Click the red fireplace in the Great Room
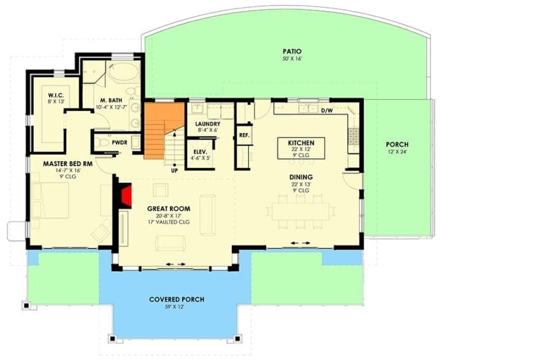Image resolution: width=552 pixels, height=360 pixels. click(126, 196)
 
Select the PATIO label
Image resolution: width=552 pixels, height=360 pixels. click(292, 52)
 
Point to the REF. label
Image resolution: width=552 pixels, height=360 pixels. click(244, 135)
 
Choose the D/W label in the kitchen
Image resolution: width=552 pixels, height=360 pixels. click(327, 111)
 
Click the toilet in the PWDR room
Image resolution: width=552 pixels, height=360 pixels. click(102, 143)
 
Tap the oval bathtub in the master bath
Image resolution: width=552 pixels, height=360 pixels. click(123, 72)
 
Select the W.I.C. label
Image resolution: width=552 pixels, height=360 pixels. click(56, 96)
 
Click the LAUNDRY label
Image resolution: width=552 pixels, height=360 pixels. click(207, 124)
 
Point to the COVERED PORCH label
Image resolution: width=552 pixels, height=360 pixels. click(177, 299)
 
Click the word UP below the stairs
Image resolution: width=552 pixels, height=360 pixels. click(174, 170)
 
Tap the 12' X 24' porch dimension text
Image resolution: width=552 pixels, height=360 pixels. click(397, 152)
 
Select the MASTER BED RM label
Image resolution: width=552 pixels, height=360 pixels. click(67, 164)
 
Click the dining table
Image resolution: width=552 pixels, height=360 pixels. click(301, 211)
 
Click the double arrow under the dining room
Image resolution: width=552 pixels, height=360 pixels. click(301, 243)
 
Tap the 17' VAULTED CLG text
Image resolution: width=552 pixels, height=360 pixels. click(169, 222)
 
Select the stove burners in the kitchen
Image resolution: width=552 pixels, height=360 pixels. click(353, 137)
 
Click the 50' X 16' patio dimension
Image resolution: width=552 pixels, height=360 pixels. click(292, 59)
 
